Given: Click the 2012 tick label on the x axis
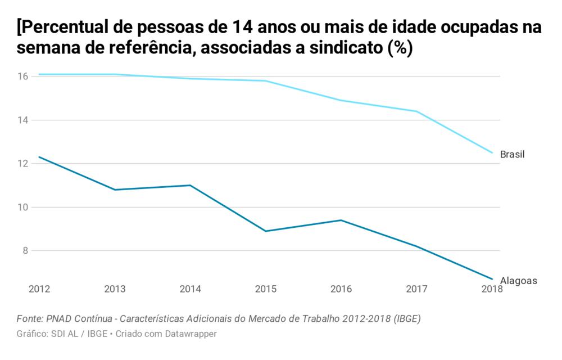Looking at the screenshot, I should (39, 289).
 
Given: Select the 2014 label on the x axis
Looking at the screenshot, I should (191, 289).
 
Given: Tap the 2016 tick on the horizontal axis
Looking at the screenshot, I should (341, 289).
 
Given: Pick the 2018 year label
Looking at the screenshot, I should (492, 289).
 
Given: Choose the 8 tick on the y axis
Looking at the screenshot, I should (24, 251).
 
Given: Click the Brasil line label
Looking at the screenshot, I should (512, 154).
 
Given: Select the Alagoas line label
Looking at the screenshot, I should (519, 281).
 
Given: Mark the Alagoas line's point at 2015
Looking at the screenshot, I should (266, 231).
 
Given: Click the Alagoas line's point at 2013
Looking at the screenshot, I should (115, 190).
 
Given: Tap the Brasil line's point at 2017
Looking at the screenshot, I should (416, 111).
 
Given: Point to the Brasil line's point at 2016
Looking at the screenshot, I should (341, 100).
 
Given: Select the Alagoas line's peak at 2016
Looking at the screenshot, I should (341, 220).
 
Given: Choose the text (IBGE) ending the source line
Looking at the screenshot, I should (406, 319).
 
